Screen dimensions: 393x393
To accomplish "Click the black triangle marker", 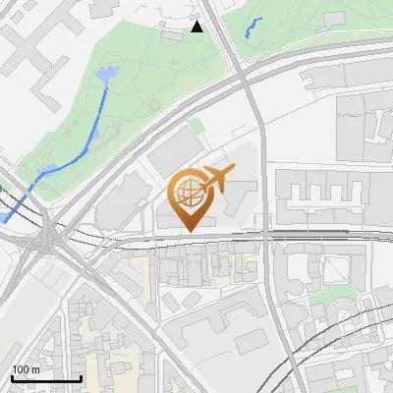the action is click(197, 27).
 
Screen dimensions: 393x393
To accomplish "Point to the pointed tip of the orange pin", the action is click(188, 230).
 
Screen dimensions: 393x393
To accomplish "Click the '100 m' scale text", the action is click(26, 369).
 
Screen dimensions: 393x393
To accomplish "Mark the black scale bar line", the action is click(45, 378).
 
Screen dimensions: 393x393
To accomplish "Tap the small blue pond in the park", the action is click(105, 75).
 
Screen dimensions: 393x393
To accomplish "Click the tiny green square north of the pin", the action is click(196, 125).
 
